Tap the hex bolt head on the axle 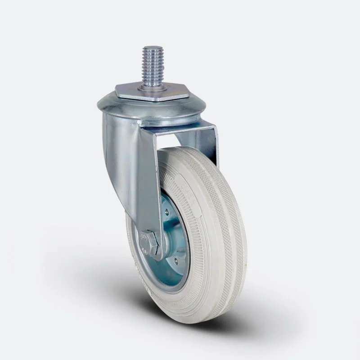[148, 243]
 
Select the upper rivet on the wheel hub [167, 212]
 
